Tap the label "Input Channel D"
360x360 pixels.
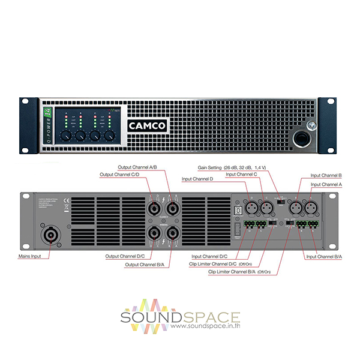click(197, 179)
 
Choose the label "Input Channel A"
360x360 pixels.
click(327, 185)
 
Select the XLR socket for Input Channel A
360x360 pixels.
click(310, 208)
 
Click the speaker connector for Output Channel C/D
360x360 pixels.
click(154, 208)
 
